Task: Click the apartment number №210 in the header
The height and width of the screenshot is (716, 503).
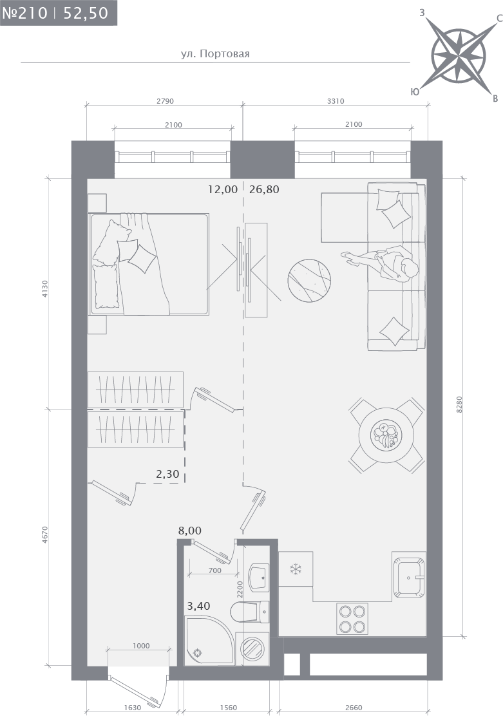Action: click(x=24, y=13)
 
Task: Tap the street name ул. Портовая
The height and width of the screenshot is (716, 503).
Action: click(x=215, y=54)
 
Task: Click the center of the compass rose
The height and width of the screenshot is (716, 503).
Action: click(x=458, y=56)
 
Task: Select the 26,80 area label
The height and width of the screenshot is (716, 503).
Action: click(x=264, y=189)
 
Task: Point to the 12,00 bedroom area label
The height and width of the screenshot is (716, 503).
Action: click(x=222, y=189)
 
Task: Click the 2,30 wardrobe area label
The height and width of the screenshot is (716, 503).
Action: click(x=167, y=474)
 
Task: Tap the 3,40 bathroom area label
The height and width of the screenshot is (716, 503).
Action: click(x=199, y=606)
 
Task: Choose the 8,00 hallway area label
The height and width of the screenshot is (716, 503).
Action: click(x=189, y=531)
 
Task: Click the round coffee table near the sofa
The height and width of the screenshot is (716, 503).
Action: click(x=309, y=280)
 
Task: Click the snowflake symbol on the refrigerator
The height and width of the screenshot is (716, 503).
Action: click(x=296, y=569)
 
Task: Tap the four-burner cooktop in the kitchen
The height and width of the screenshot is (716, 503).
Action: click(x=352, y=619)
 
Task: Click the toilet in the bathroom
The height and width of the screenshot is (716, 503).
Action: click(x=249, y=612)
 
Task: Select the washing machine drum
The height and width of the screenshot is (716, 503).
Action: click(x=251, y=648)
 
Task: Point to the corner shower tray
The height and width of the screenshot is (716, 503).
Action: click(x=209, y=640)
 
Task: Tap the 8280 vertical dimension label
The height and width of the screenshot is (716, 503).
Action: click(x=460, y=404)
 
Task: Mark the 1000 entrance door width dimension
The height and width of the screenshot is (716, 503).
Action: click(x=141, y=646)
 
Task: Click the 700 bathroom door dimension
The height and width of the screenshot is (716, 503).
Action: click(x=214, y=570)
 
